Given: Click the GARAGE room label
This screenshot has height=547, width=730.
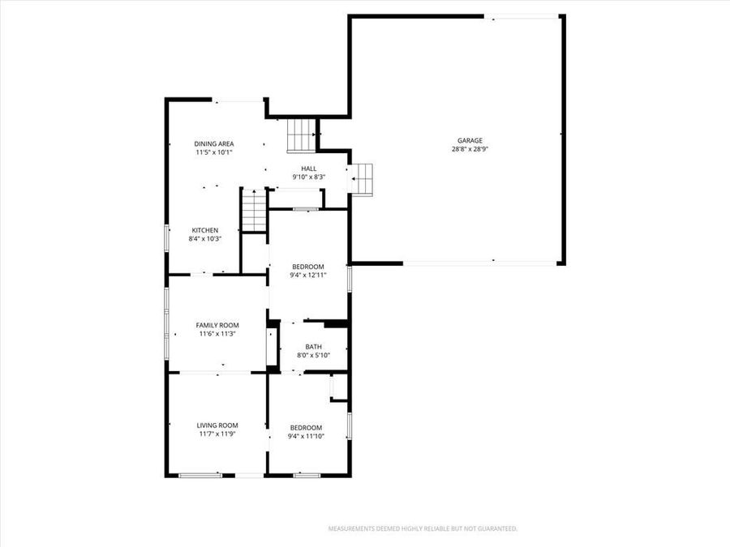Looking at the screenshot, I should click(470, 140).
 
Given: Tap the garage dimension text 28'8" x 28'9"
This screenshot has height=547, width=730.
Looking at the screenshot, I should click(470, 149).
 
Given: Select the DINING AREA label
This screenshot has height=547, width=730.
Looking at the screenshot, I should click(214, 143).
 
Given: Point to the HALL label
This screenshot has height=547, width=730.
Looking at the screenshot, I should click(309, 169).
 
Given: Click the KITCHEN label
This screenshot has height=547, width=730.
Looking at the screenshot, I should click(204, 230).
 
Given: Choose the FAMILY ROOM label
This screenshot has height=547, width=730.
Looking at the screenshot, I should click(217, 325).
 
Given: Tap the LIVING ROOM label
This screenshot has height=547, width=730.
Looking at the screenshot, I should click(217, 425).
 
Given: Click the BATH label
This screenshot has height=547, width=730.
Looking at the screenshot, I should click(313, 347).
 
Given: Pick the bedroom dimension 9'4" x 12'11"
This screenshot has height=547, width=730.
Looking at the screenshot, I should click(308, 276).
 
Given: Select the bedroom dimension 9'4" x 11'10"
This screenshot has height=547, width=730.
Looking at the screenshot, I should click(306, 437).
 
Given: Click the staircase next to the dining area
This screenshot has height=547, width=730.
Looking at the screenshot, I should click(301, 134).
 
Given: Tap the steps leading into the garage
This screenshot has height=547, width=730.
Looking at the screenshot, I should click(361, 179).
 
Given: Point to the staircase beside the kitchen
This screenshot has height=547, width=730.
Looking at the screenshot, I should click(255, 211).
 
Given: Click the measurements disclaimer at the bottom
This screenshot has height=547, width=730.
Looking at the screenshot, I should click(422, 528).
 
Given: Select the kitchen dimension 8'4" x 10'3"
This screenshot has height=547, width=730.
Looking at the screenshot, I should click(204, 239).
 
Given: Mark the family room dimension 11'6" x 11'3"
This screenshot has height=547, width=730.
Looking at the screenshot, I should click(217, 334).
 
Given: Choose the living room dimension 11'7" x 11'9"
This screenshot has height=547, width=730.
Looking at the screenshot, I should click(217, 434).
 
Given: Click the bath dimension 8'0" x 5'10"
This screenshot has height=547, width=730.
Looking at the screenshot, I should click(313, 356).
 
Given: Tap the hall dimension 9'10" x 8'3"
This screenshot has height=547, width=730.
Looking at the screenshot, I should click(309, 177).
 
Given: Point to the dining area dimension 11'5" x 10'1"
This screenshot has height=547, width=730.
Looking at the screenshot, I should click(214, 152).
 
